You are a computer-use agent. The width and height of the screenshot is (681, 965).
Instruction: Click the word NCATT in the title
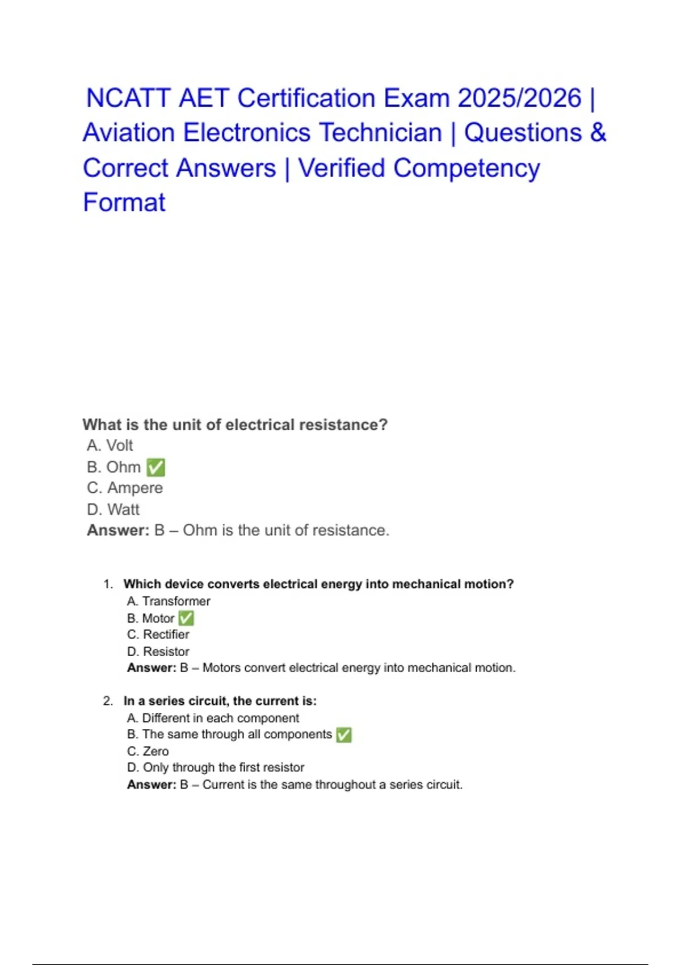point(128,98)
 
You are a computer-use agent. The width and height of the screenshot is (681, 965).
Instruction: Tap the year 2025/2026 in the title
point(520,98)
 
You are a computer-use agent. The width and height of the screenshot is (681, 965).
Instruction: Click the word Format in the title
point(124,203)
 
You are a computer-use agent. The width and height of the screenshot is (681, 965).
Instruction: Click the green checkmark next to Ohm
point(155,468)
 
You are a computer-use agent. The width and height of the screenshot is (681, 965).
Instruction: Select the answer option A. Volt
point(110,446)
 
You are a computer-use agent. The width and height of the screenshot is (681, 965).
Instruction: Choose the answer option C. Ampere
point(125,488)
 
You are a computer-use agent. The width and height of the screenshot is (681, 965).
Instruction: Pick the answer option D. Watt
point(113,510)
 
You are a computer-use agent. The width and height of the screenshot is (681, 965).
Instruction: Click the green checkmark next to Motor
point(186,618)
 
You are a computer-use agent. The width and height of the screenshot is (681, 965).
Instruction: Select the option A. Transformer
point(169,601)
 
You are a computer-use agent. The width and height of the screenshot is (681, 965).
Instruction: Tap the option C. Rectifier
point(158,635)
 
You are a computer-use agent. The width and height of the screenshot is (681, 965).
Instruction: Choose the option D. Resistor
point(158,652)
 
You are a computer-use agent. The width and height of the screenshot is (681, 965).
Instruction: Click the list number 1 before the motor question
point(108,584)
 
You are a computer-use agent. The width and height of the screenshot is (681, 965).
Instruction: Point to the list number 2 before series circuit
point(108,701)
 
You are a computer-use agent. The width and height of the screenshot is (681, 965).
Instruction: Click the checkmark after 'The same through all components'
point(344,735)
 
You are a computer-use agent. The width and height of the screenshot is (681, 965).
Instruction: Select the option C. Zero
point(148,752)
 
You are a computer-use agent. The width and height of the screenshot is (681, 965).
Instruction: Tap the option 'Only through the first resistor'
point(216,768)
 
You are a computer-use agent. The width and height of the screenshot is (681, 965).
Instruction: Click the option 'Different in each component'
point(213,718)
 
